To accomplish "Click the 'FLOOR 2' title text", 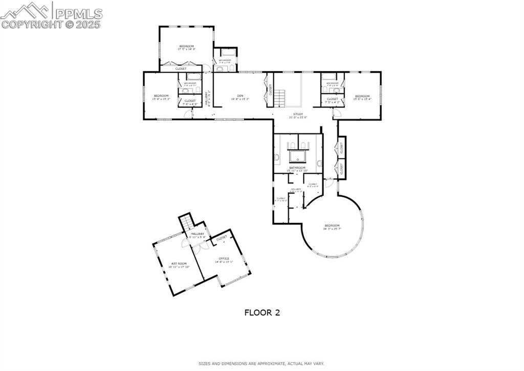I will (262, 312).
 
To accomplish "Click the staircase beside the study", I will (279, 97).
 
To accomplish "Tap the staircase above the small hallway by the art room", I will (187, 223).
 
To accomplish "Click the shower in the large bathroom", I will (297, 156).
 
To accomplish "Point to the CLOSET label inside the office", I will (222, 238).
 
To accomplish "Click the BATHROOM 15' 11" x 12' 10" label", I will (297, 169).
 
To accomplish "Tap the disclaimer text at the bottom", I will (261, 363).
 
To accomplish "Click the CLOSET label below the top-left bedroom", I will (181, 69).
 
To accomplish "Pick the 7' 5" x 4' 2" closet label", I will (332, 100).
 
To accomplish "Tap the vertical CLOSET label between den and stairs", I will (271, 90).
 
